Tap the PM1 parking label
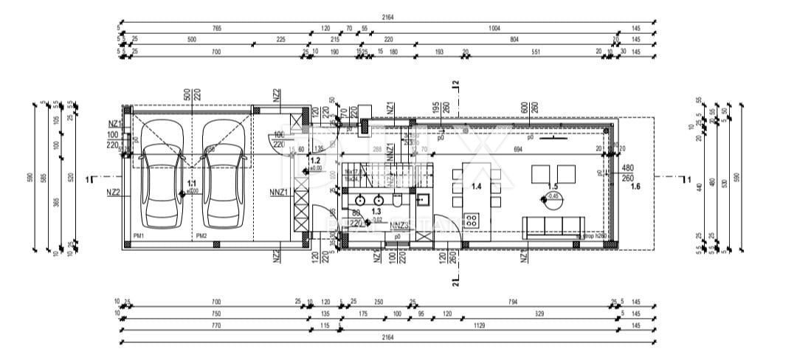[138, 236]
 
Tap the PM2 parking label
[201, 236]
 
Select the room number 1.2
[315, 160]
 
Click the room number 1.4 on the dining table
[476, 187]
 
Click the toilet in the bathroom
[397, 199]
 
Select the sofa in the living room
[553, 225]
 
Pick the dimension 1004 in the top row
[494, 28]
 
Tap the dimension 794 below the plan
[513, 302]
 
